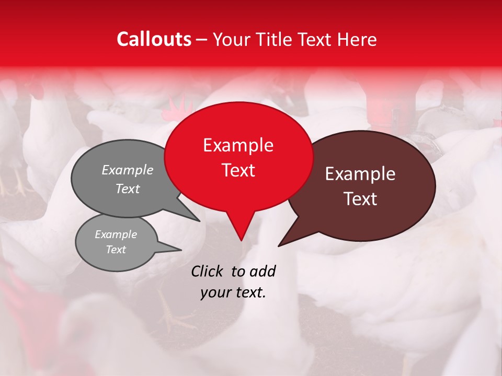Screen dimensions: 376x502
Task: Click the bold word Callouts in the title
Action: [154, 39]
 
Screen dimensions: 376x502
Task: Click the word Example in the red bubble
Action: [238, 145]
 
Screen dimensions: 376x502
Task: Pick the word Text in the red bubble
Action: [238, 170]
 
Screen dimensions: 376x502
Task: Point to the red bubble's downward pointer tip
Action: [241, 240]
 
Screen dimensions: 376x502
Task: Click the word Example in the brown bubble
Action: [360, 174]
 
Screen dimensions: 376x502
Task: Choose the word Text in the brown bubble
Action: [360, 199]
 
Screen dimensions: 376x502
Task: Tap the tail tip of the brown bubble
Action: [279, 245]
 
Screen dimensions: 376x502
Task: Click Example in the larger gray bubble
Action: [127, 170]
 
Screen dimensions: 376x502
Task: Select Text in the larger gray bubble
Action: [127, 189]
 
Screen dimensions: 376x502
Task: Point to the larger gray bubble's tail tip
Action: [199, 221]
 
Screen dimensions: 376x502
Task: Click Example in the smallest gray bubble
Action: [116, 234]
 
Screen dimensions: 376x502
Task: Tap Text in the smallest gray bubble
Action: [116, 250]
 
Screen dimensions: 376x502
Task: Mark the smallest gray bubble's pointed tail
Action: [181, 250]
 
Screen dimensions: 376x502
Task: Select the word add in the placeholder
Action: [262, 271]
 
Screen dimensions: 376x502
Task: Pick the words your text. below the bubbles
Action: [233, 292]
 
